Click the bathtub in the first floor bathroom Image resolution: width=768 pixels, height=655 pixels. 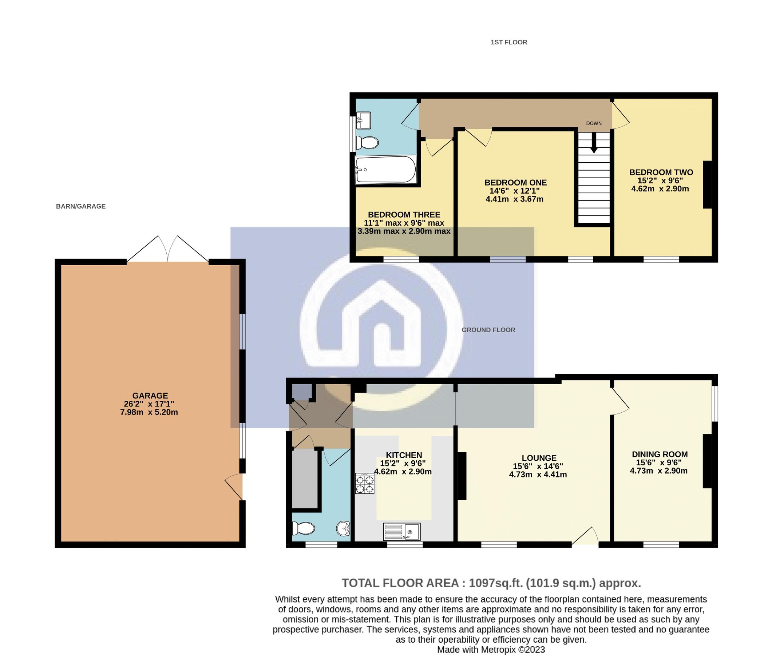[x=385, y=170]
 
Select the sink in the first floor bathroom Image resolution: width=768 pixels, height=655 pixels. [x=363, y=120]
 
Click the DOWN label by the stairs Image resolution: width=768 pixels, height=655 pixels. [x=593, y=123]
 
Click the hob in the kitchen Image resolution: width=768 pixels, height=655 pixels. [x=364, y=484]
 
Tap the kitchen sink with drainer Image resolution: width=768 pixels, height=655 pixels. [x=402, y=532]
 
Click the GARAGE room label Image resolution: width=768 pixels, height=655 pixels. [x=150, y=396]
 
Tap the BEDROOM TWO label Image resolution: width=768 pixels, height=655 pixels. [x=661, y=172]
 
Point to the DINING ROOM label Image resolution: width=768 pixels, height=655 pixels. [x=660, y=454]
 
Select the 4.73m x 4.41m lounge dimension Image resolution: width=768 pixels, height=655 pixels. [x=538, y=475]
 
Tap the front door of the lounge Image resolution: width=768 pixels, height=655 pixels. [x=586, y=537]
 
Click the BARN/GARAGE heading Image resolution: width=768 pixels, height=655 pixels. [x=81, y=206]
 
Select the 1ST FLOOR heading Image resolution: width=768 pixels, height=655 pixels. [x=508, y=42]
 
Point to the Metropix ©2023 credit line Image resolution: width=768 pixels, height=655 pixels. [x=491, y=650]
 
